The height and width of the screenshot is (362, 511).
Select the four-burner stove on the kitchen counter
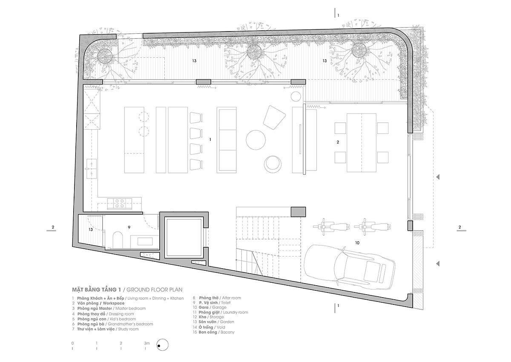click(120, 203)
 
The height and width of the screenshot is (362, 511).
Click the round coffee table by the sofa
click(256, 140)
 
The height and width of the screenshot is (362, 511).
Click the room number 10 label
click(357, 243)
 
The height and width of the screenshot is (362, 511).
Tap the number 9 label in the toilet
click(129, 227)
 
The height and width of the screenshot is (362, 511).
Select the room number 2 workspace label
click(338, 142)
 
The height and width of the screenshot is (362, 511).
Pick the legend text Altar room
click(231, 298)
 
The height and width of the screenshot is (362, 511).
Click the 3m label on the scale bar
click(147, 343)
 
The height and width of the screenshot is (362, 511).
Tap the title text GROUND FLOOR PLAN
click(155, 290)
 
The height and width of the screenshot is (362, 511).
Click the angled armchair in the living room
click(274, 117)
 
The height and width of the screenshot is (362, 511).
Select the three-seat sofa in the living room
click(227, 140)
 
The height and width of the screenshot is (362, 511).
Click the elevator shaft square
click(184, 237)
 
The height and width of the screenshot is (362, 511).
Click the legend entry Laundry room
click(235, 312)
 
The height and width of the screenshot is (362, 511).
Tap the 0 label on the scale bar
click(72, 343)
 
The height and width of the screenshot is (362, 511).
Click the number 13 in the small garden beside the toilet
click(91, 229)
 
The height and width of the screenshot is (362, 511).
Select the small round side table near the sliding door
click(296, 97)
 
